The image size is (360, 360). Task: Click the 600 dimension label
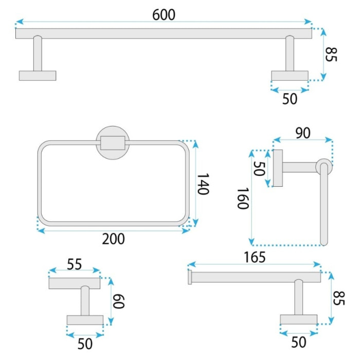[164, 15]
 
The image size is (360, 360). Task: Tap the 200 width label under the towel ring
[114, 239]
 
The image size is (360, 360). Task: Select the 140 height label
[203, 184]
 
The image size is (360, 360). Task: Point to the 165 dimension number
[255, 257]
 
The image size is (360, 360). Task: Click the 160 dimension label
[243, 199]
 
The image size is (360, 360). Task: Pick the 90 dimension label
[303, 133]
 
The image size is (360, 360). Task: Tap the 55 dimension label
[75, 264]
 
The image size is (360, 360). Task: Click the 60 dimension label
[118, 301]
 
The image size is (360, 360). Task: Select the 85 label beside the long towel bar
[331, 55]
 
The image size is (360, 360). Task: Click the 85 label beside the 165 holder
[339, 298]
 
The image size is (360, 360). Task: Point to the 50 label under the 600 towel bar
[290, 99]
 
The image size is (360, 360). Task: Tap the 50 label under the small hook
[85, 344]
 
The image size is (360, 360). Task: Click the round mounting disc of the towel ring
[113, 131]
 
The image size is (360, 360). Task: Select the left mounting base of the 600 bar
[38, 76]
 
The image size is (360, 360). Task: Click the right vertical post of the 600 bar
[290, 53]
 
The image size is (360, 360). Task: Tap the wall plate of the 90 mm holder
[278, 168]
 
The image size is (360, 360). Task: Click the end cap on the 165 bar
[190, 277]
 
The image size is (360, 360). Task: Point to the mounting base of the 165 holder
[299, 319]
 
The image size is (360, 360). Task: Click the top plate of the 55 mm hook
[75, 283]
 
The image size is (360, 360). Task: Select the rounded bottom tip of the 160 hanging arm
[324, 243]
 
